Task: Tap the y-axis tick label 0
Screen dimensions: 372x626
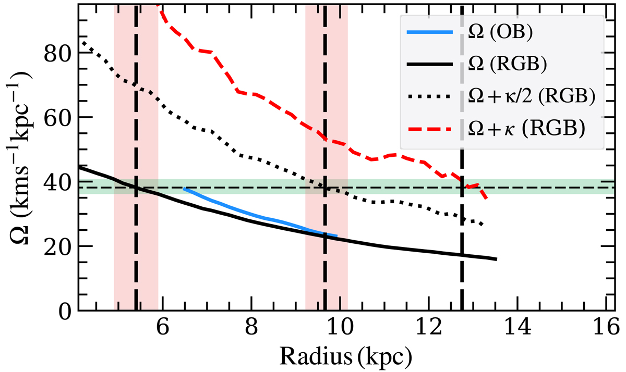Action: (64, 311)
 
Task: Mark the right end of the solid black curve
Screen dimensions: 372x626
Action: (496, 259)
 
